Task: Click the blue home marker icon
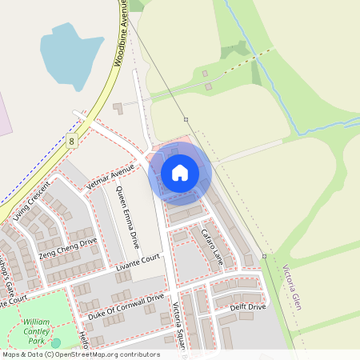(180, 173)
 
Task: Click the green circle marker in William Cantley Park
(56, 342)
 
